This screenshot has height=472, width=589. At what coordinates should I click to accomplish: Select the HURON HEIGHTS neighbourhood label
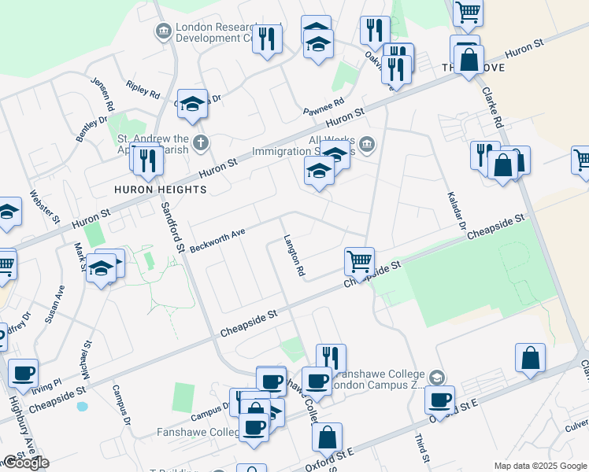160,190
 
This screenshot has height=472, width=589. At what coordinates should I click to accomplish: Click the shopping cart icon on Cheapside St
359,261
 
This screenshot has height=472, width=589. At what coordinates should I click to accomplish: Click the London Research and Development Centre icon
164,31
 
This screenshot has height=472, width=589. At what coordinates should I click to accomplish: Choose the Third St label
422,448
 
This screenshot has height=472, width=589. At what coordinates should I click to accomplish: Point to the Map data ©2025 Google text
540,466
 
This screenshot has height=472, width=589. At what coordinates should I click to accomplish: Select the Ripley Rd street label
143,87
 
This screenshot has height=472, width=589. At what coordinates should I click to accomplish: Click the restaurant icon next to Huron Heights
147,160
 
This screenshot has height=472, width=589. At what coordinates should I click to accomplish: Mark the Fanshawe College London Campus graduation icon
437,378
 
